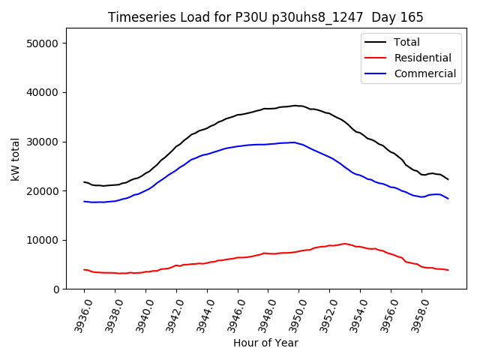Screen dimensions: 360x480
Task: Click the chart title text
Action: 265,17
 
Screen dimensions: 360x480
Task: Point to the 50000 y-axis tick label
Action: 43,43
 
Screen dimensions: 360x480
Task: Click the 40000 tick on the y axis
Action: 43,92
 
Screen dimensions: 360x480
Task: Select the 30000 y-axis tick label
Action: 43,142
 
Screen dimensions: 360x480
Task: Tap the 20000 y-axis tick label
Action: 43,191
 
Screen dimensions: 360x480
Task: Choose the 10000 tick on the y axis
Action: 43,240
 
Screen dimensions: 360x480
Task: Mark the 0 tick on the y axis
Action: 55,289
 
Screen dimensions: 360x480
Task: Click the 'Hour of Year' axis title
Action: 265,343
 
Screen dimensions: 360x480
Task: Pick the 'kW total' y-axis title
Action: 15,159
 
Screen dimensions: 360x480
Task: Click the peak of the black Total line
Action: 295,106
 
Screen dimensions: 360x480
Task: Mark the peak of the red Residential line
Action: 344,244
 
